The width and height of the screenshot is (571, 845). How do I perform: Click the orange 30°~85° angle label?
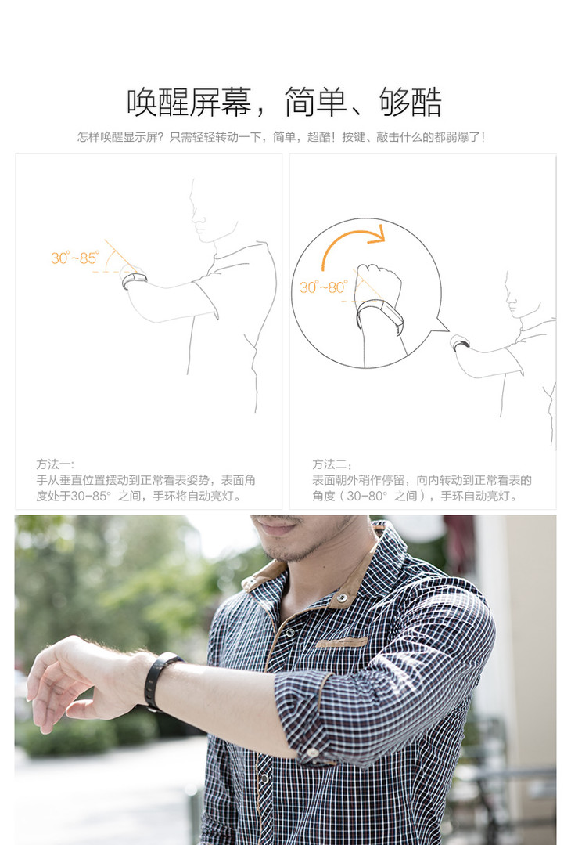pos(75,258)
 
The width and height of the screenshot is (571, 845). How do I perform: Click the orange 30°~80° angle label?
pos(324,287)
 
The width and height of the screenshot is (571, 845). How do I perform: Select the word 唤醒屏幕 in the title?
pos(189,102)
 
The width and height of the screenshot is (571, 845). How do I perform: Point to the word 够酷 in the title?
pos(411,102)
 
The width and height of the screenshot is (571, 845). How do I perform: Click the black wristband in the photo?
pos(160,680)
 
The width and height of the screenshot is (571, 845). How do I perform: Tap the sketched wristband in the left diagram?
pos(134,280)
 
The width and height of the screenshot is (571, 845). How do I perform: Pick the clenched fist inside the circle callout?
pos(380,283)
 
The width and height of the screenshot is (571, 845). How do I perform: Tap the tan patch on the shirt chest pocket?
pos(343,641)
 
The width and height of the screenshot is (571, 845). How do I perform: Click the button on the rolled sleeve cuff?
pos(312,753)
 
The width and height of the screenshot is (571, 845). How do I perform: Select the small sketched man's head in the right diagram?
pos(513,295)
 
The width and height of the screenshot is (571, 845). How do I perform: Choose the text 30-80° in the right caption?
pos(367,496)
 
